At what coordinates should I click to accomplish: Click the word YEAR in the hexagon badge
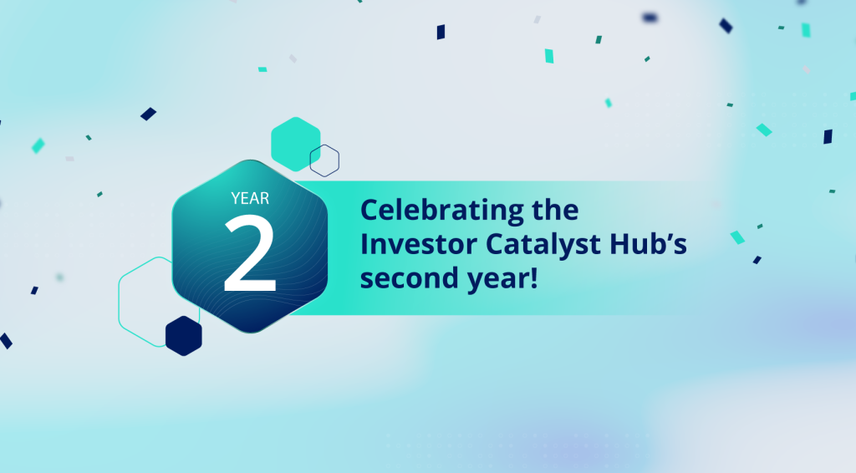(x=249, y=198)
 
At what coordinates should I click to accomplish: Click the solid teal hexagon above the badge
(x=296, y=139)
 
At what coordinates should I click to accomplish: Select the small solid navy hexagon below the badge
(x=184, y=335)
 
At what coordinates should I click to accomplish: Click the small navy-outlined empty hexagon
(x=324, y=160)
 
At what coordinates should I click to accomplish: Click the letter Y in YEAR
(x=236, y=198)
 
